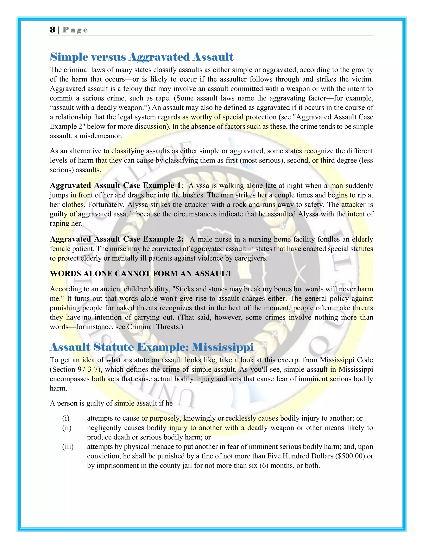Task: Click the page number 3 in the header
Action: pyautogui.click(x=52, y=30)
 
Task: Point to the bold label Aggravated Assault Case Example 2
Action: pyautogui.click(x=116, y=239)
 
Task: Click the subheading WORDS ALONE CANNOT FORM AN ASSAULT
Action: pyautogui.click(x=141, y=274)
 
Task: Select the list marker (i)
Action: pyautogui.click(x=66, y=418)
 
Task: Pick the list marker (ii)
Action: pyautogui.click(x=67, y=428)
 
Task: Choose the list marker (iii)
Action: pyautogui.click(x=68, y=447)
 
